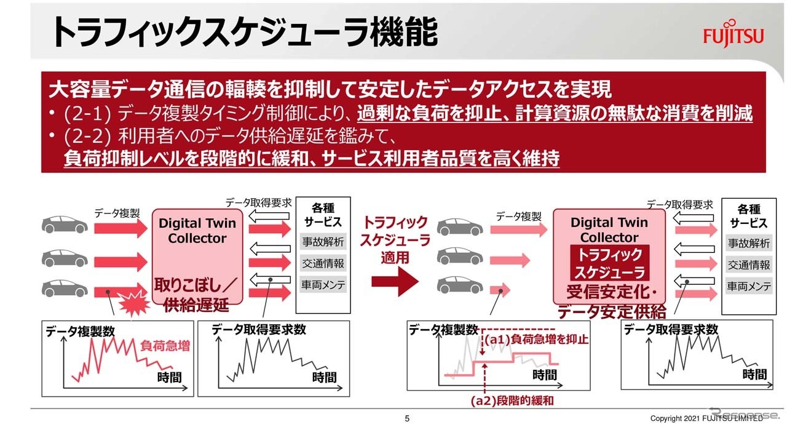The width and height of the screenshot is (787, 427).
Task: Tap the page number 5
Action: [407, 418]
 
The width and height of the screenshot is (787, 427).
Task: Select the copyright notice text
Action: [706, 418]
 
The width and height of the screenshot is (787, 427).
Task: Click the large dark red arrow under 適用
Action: [395, 281]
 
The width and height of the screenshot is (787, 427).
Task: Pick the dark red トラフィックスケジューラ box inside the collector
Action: [609, 263]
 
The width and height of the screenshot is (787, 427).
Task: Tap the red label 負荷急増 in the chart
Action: [165, 346]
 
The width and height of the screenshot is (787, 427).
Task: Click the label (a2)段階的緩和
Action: [512, 401]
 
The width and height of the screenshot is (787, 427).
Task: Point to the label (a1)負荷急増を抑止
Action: [536, 340]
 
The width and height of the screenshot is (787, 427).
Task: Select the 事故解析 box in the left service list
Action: [323, 242]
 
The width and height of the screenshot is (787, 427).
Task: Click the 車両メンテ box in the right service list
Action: [749, 286]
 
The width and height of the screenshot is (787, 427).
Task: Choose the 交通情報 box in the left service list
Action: [323, 263]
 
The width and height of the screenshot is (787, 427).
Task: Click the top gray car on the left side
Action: [65, 225]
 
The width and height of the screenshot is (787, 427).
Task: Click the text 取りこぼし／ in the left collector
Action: [196, 285]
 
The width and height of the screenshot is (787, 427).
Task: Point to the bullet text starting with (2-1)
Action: [407, 113]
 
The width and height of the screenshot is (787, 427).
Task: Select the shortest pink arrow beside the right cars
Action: [500, 290]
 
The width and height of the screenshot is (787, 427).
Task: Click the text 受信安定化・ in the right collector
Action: [612, 292]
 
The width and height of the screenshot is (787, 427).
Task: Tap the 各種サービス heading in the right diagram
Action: [749, 216]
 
